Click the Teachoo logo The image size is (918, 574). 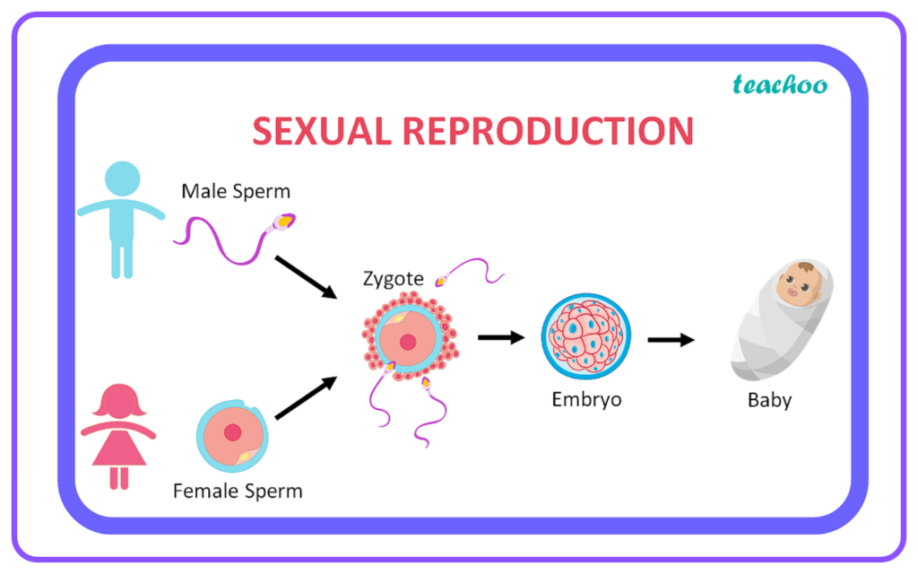point(780,84)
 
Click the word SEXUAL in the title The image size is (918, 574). point(322,131)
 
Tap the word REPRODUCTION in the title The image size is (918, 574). point(548,131)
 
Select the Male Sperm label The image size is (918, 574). point(236,191)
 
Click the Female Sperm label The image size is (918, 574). point(238,491)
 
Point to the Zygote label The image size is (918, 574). point(394,279)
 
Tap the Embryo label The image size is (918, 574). point(586,399)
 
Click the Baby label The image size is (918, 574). point(770,400)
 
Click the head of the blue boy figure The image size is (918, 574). point(122,178)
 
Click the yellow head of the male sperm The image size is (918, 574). point(284,222)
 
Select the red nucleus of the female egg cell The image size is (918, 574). point(232,432)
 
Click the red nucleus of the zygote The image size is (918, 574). point(408,342)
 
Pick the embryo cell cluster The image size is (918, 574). point(586,337)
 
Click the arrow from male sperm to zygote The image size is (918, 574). point(307,278)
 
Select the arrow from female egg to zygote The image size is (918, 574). point(307,397)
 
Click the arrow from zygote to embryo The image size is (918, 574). point(501,337)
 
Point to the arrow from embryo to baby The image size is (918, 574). point(671,340)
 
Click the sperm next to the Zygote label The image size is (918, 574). point(469,271)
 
